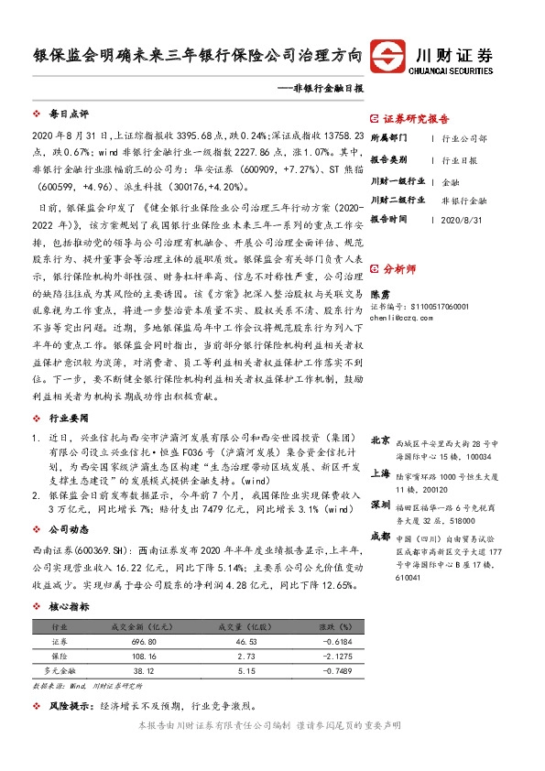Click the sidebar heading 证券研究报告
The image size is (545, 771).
coord(417,119)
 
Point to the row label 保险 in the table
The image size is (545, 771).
coord(59,657)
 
